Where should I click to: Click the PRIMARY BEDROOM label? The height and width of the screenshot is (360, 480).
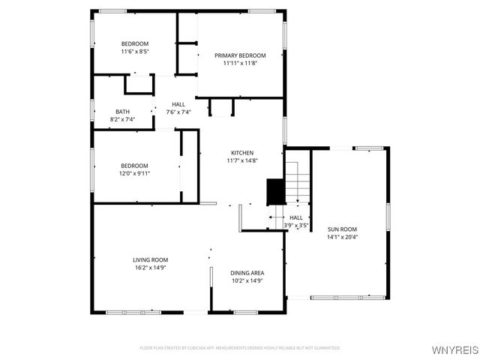(x=240, y=55)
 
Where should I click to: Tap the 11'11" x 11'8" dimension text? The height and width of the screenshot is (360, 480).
(x=240, y=63)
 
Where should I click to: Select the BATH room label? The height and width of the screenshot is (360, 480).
(x=122, y=111)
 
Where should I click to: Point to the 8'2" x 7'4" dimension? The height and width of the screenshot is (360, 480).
(x=122, y=118)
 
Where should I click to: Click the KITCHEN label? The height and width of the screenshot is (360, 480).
(x=242, y=152)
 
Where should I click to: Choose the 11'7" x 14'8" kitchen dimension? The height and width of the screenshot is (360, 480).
(x=242, y=160)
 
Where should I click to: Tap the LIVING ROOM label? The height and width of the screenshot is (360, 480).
(x=150, y=259)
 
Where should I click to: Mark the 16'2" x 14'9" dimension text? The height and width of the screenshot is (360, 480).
(x=150, y=267)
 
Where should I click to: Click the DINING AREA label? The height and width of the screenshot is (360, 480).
(x=247, y=272)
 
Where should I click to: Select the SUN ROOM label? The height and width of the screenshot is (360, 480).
(x=342, y=229)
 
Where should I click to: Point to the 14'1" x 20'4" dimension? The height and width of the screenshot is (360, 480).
(x=342, y=237)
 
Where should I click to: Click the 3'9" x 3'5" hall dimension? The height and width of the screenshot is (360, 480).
(x=295, y=225)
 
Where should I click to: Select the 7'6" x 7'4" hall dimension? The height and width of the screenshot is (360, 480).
(x=178, y=112)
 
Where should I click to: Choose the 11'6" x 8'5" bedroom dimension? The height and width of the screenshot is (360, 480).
(x=135, y=52)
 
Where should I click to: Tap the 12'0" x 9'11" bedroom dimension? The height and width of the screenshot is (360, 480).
(x=136, y=173)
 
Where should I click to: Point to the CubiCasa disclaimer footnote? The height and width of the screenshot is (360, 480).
(x=240, y=348)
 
